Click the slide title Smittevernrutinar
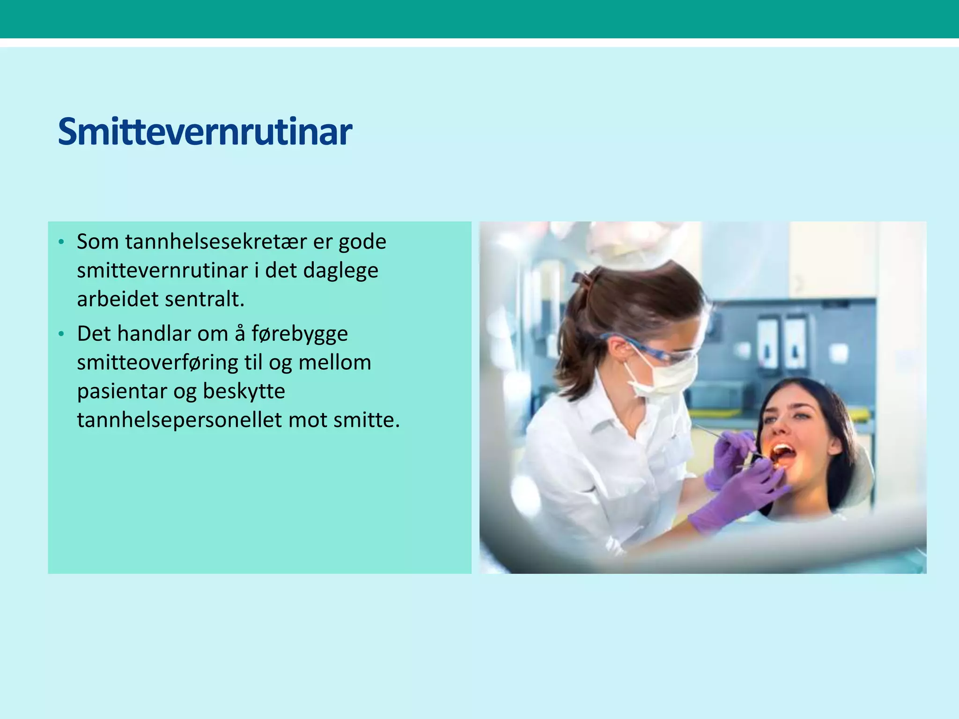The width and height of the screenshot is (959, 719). (205, 132)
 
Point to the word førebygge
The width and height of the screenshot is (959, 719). (300, 334)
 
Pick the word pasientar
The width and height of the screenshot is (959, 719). (122, 392)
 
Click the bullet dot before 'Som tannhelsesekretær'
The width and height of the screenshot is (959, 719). (61, 242)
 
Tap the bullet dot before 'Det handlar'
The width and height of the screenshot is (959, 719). (61, 334)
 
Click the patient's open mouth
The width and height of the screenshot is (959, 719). (783, 454)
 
